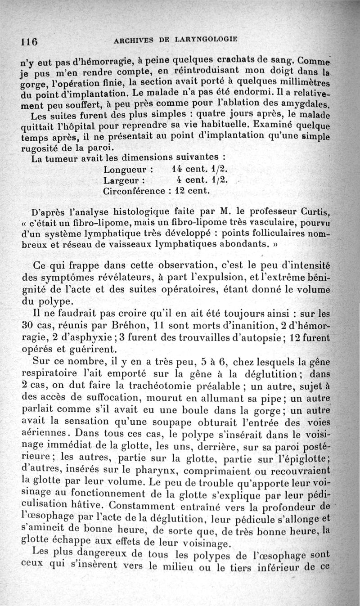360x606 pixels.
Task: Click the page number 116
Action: point(28,40)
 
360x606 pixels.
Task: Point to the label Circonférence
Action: point(134,191)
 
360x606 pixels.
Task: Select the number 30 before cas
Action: point(28,325)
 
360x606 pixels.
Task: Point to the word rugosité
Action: point(48,148)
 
